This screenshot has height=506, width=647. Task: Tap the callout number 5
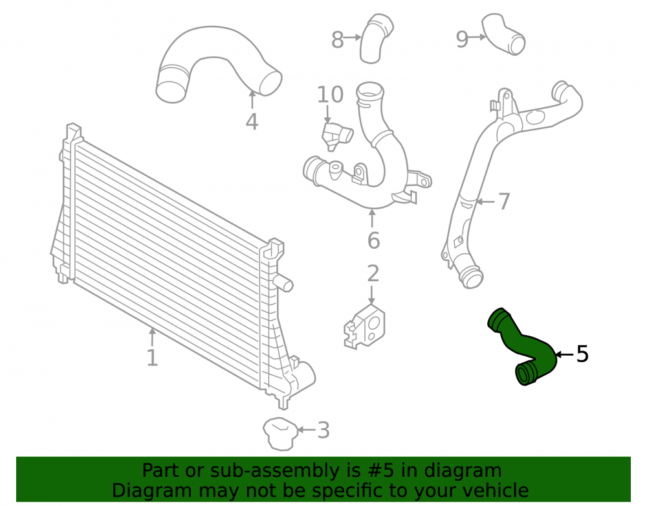tap(582, 354)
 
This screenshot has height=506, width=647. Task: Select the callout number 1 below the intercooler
tap(152, 358)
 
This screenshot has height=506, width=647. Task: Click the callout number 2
tap(373, 273)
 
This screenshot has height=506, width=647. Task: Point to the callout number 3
tap(323, 430)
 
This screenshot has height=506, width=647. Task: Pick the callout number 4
tap(252, 121)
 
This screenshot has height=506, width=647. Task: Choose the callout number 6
tap(373, 240)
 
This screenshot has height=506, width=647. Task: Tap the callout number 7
tap(504, 201)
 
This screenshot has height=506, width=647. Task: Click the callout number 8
tap(338, 40)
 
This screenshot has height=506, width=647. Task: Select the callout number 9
tap(462, 40)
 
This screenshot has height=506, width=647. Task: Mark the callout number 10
tap(330, 95)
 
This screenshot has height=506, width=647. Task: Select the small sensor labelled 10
tap(336, 135)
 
